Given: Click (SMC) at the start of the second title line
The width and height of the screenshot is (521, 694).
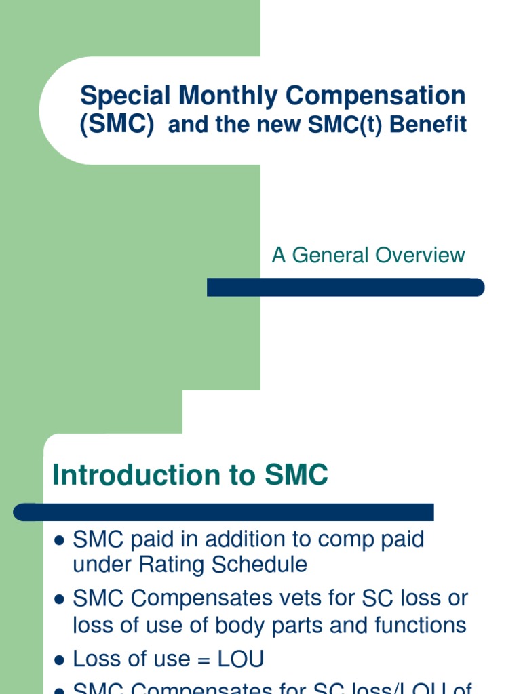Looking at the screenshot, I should [117, 125].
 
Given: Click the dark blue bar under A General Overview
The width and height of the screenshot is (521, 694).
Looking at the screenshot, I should [345, 287].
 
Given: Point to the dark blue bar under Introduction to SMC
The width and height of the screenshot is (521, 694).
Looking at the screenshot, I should [224, 512].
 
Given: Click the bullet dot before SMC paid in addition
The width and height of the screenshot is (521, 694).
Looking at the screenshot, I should [59, 541].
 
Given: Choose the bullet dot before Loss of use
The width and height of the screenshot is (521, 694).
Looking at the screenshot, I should [59, 659].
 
